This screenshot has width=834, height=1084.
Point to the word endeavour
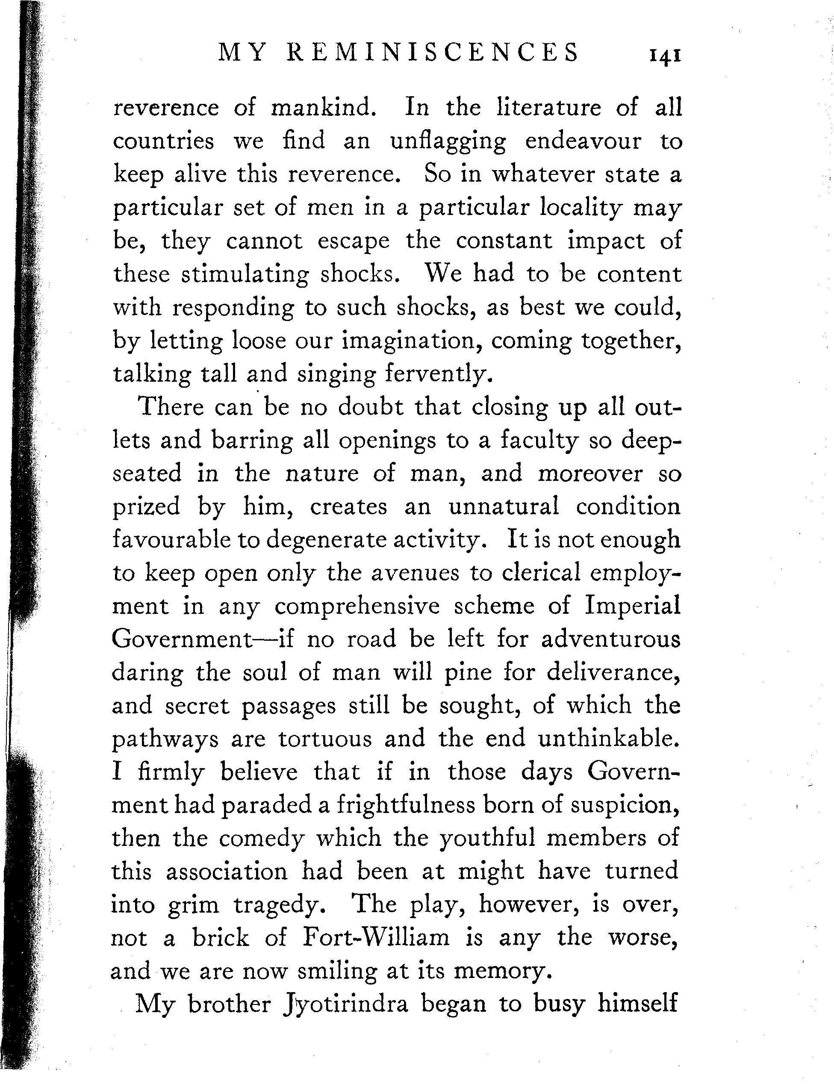tap(584, 141)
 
